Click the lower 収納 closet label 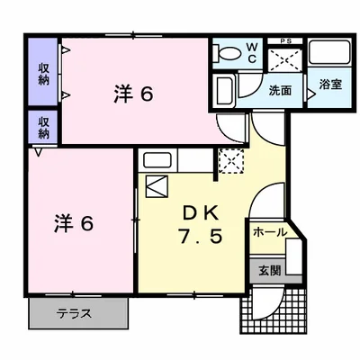43,127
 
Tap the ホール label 269,232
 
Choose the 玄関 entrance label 270,268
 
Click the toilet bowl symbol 229,53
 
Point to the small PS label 286,40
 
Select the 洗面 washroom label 279,91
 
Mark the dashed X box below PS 286,58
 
